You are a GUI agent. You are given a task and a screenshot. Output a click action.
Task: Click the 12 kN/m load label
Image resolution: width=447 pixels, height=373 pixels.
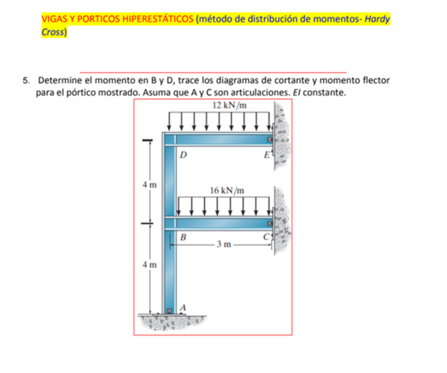pyautogui.click(x=229, y=105)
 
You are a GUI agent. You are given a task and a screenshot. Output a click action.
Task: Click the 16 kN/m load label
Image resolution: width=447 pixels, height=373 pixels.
pyautogui.click(x=227, y=190)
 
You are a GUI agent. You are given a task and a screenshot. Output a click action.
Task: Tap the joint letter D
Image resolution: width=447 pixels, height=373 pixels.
pyautogui.click(x=183, y=155)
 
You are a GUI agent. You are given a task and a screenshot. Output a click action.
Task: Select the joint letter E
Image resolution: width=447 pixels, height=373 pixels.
pyautogui.click(x=266, y=155)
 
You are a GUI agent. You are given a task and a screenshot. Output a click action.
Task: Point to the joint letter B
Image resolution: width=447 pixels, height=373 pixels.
pyautogui.click(x=183, y=237)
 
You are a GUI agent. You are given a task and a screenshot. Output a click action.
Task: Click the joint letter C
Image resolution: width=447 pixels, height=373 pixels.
pyautogui.click(x=266, y=237)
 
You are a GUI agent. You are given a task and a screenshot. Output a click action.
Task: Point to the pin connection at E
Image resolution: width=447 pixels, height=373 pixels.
pyautogui.click(x=269, y=140)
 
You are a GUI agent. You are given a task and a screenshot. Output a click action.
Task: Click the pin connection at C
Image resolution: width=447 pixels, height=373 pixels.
pyautogui.click(x=269, y=224)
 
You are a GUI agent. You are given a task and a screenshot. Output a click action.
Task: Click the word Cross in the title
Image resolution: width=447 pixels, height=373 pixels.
pyautogui.click(x=53, y=32)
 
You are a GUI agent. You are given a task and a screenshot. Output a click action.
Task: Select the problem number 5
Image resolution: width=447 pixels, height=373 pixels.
pyautogui.click(x=27, y=81)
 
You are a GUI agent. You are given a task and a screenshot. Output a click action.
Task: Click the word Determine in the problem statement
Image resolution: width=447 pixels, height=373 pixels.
pyautogui.click(x=59, y=81)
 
